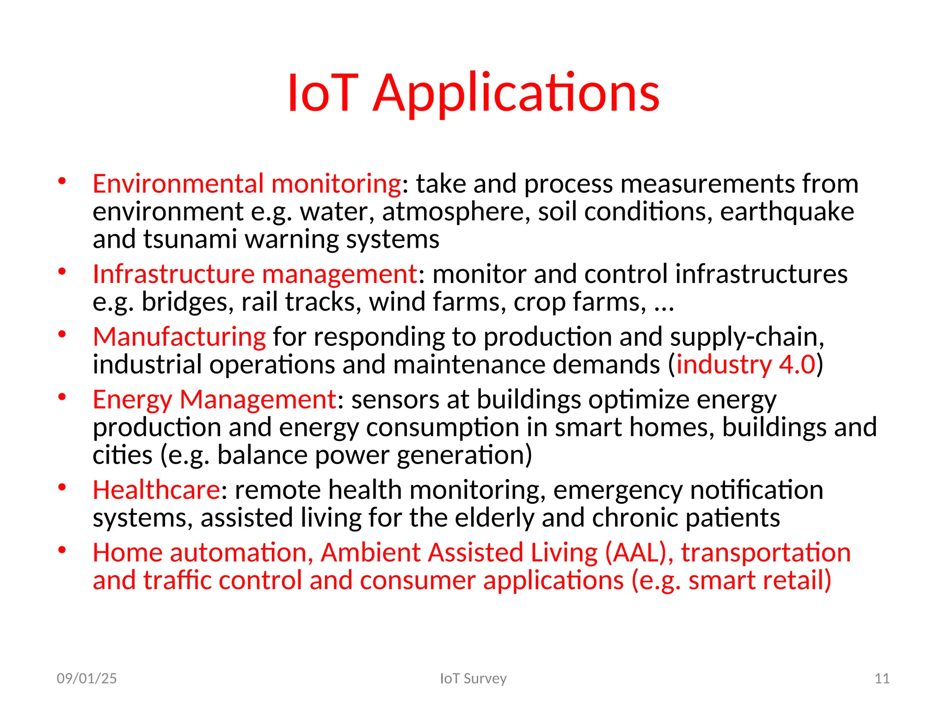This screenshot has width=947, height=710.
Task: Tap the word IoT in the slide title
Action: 322,94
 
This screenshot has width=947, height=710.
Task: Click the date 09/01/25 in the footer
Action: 86,678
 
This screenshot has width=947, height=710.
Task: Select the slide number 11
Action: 882,678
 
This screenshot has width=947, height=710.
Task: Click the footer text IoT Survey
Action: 473,678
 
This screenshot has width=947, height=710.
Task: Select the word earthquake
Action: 787,212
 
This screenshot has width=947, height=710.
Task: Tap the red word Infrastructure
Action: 173,274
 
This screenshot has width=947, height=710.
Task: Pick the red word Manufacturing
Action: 179,337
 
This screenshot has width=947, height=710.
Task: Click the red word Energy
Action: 132,400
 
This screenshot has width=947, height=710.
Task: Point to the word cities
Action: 122,455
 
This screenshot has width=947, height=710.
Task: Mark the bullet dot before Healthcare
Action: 62,487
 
